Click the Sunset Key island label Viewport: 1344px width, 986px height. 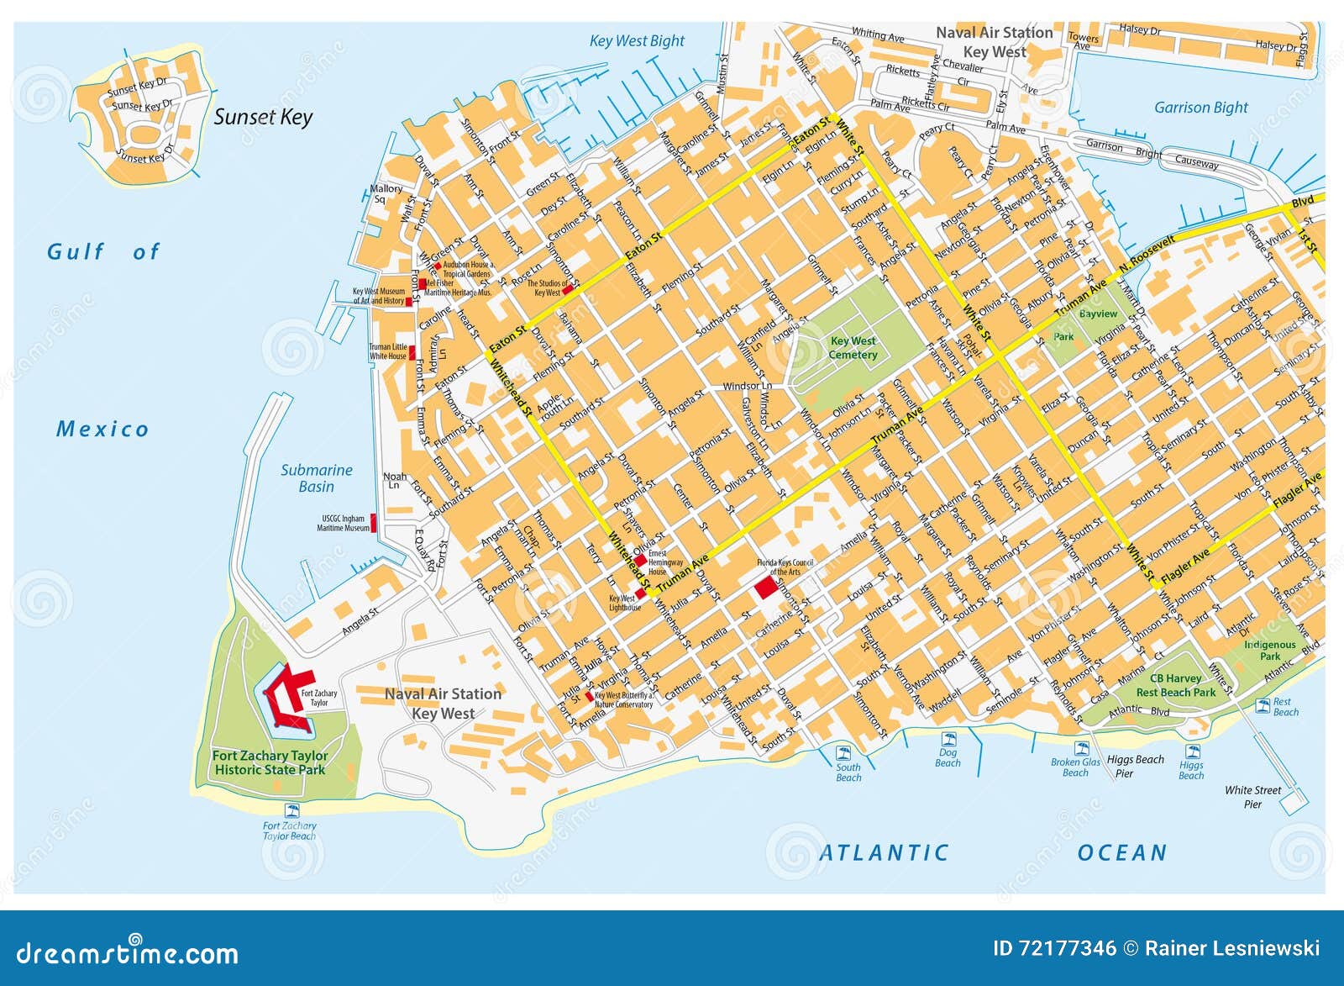pos(263,117)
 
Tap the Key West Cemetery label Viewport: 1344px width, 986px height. pos(853,347)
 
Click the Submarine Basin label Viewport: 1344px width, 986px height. pos(316,478)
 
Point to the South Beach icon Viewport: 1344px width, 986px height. pos(843,752)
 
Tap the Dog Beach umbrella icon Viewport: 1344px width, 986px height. pos(949,740)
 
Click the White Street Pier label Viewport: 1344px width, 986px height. pos(1252,797)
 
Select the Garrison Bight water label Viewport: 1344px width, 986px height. pos(1200,108)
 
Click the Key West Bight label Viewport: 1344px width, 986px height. pos(637,41)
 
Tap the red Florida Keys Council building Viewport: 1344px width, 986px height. pos(764,588)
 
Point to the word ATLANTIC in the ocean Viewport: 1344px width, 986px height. pos(884,853)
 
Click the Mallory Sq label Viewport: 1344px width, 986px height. pos(386,193)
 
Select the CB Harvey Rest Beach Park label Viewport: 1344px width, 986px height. pos(1175,685)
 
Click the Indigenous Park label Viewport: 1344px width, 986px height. pos(1269,650)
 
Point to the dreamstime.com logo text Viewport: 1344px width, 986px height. pos(128,952)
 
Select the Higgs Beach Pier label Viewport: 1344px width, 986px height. pos(1135,766)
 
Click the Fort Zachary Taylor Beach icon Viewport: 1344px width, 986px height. pos(292,810)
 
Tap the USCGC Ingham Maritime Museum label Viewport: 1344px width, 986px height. pos(343,524)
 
